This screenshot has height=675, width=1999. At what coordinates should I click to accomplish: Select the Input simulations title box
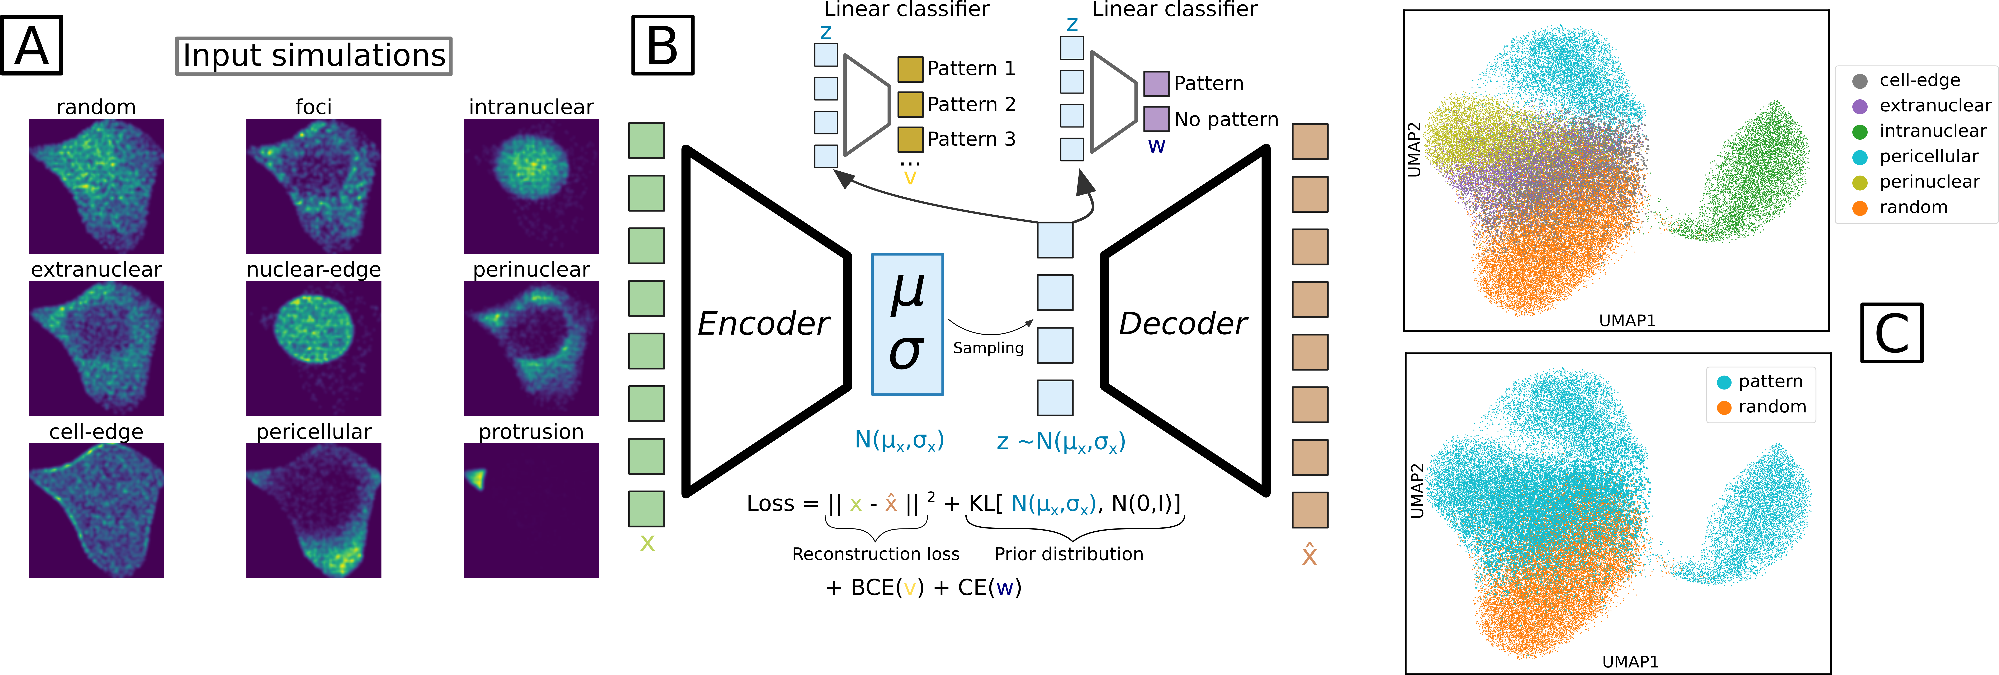[x=313, y=56]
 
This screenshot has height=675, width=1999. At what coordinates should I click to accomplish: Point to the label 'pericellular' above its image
[x=313, y=431]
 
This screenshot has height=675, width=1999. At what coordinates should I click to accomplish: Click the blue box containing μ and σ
[x=907, y=324]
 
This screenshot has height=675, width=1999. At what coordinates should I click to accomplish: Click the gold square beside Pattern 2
[x=910, y=104]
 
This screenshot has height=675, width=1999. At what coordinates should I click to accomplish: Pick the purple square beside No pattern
[x=1156, y=119]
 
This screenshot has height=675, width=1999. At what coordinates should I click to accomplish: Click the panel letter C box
[x=1892, y=333]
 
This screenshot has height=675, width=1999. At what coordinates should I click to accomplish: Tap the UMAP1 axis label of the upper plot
[x=1627, y=320]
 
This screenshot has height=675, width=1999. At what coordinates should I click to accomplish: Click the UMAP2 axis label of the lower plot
[x=1417, y=490]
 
